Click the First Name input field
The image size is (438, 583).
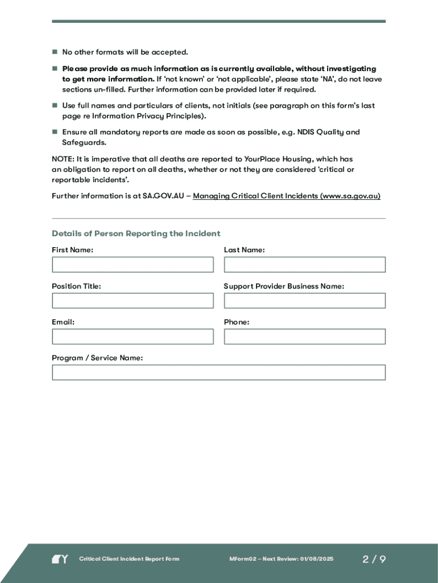click(133, 265)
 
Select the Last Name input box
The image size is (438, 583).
click(304, 265)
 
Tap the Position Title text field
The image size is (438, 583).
click(133, 301)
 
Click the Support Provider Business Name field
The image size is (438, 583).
click(304, 301)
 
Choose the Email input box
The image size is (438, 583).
click(133, 336)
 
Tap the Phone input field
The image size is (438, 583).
click(304, 336)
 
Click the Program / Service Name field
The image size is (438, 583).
click(218, 372)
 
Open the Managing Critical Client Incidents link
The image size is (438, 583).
click(287, 196)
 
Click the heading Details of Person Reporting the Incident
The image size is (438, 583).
click(136, 233)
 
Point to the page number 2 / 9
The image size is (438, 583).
click(374, 559)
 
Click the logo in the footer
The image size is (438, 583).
click(60, 559)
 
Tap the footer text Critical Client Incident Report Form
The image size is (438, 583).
click(129, 559)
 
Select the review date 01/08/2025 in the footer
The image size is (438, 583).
click(316, 559)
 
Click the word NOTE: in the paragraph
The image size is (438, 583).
click(62, 159)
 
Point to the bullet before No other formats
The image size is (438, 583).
click(55, 52)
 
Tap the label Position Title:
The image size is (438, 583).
click(76, 286)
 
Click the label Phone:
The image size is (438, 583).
click(237, 322)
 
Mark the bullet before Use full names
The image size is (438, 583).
click(55, 106)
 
